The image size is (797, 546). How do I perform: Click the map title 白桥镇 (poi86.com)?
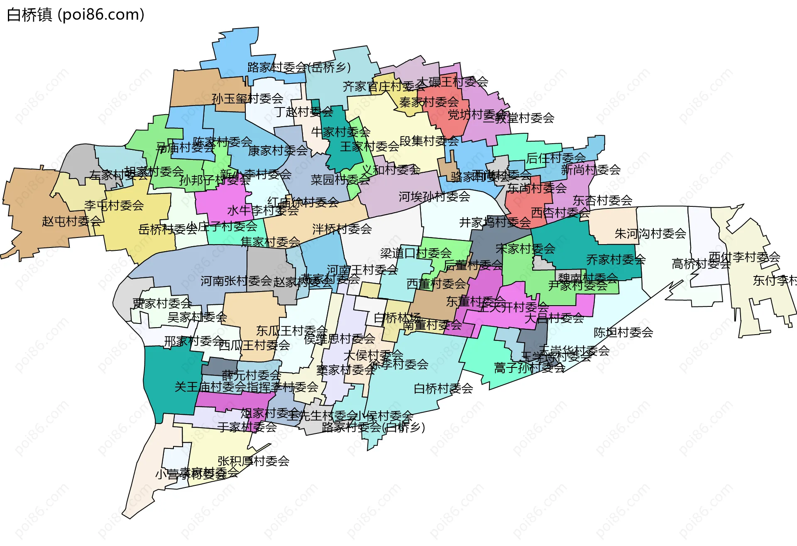(76, 15)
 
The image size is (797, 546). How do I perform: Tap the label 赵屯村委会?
(72, 221)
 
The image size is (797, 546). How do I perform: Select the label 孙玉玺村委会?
(247, 99)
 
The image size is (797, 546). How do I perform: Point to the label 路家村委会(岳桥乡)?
(299, 67)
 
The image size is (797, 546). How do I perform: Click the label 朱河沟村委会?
(650, 234)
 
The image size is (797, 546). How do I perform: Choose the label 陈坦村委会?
(623, 333)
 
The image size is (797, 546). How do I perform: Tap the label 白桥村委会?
(443, 389)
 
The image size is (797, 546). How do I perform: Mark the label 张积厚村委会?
(253, 461)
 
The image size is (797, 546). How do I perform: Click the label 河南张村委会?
(236, 282)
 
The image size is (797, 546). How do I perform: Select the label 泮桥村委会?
(342, 229)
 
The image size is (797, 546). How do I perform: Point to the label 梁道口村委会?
(416, 253)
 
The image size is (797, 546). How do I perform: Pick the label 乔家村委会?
(616, 260)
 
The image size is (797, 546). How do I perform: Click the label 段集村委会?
(429, 141)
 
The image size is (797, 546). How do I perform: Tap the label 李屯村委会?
(114, 205)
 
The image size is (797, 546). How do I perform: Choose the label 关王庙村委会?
(210, 387)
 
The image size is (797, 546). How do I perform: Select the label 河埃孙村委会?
(434, 197)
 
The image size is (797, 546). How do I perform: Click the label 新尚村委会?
(591, 169)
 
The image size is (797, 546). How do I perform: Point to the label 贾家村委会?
(162, 304)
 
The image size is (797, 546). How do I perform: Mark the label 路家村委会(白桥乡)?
(373, 427)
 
